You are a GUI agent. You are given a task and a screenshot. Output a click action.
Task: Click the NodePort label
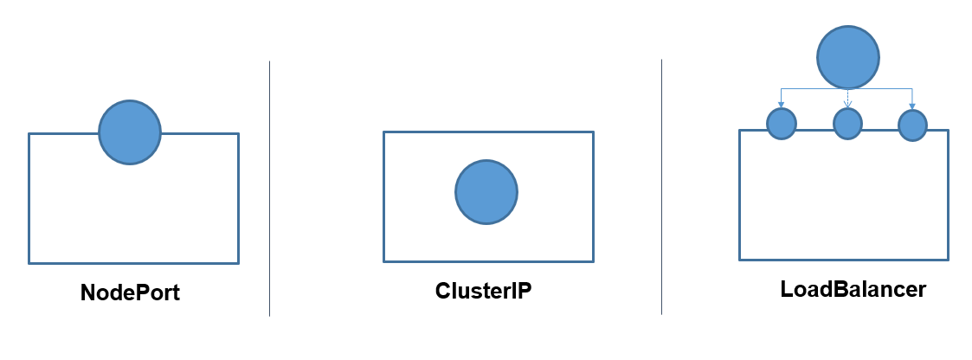pyautogui.click(x=130, y=292)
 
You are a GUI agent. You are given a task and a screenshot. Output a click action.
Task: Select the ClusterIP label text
pyautogui.click(x=483, y=291)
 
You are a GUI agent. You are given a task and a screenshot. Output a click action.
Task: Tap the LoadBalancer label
pyautogui.click(x=853, y=289)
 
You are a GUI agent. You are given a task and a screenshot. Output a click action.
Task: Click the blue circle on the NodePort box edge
pyautogui.click(x=130, y=132)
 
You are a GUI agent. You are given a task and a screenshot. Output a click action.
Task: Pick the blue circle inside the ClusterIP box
pyautogui.click(x=486, y=192)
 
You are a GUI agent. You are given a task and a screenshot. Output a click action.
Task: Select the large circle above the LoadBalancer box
pyautogui.click(x=848, y=58)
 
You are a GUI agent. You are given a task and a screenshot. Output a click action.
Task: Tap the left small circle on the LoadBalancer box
pyautogui.click(x=782, y=124)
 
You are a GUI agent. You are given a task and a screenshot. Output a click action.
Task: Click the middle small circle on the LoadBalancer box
pyautogui.click(x=847, y=124)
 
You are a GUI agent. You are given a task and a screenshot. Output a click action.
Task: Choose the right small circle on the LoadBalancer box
pyautogui.click(x=912, y=125)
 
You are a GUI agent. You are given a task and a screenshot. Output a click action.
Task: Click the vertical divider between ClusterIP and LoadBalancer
pyautogui.click(x=662, y=187)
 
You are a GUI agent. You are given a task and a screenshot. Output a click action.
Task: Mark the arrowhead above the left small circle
pyautogui.click(x=782, y=104)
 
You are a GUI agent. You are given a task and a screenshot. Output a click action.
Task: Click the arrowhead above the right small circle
pyautogui.click(x=913, y=105)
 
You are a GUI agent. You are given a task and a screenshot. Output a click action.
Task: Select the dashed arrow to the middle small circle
pyautogui.click(x=847, y=97)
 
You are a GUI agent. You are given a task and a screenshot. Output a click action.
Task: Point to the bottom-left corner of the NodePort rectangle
pyautogui.click(x=29, y=262)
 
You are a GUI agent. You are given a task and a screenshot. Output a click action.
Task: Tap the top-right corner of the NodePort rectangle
pyautogui.click(x=238, y=133)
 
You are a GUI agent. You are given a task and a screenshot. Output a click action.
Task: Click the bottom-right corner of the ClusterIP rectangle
pyautogui.click(x=593, y=260)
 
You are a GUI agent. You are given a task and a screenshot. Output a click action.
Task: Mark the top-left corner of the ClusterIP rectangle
pyautogui.click(x=384, y=132)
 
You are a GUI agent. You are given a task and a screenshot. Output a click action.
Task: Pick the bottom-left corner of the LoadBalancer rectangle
pyautogui.click(x=740, y=259)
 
